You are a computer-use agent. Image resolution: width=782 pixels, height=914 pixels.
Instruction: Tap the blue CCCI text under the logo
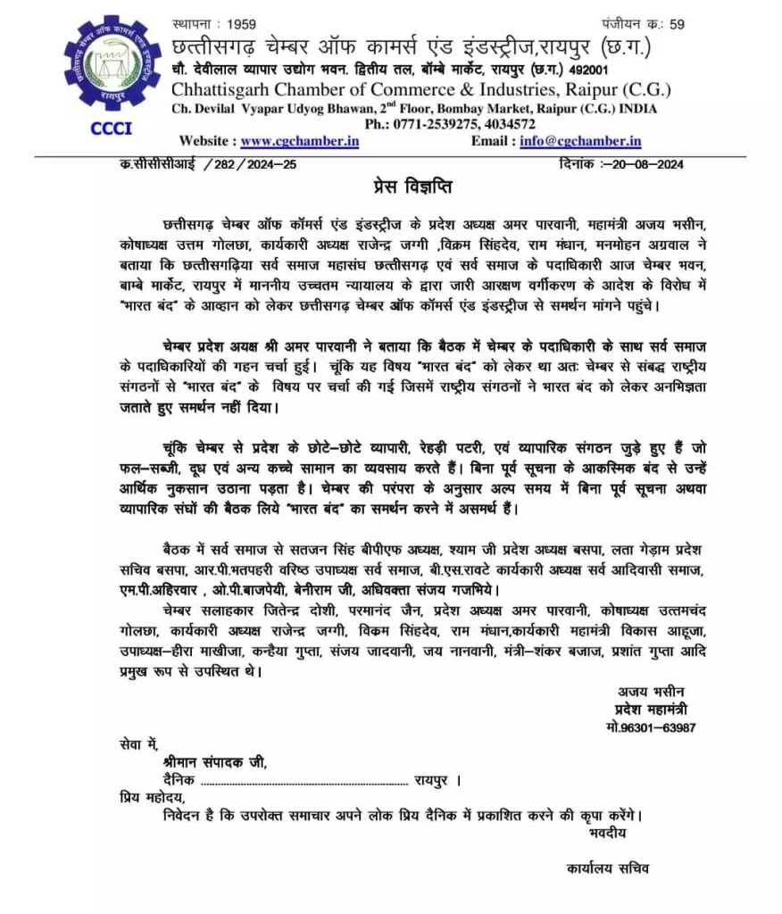[112, 128]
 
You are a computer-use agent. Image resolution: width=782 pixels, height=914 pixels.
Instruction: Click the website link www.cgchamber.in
[300, 140]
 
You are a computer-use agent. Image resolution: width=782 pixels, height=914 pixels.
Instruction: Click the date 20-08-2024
[644, 164]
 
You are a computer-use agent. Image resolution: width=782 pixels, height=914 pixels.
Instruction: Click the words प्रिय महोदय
[151, 797]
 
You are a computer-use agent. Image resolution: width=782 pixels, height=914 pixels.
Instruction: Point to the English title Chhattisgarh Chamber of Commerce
[357, 90]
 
